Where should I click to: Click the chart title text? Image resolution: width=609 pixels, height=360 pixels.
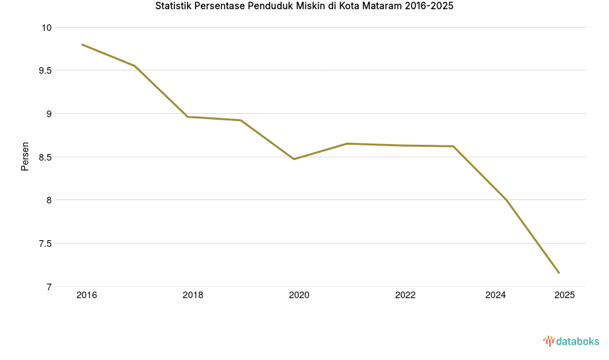304,7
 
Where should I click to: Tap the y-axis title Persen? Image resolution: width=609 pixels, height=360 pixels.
25,156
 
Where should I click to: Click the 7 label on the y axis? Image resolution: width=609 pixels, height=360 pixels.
48,287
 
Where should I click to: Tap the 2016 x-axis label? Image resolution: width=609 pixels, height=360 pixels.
86,296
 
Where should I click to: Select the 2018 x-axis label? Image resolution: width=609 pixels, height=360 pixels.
193,296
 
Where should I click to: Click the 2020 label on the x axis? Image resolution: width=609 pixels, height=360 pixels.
299,296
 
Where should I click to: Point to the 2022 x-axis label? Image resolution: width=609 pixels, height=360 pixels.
405,296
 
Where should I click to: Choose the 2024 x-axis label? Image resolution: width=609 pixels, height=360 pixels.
495,296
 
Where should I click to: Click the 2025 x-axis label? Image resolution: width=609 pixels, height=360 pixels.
564,296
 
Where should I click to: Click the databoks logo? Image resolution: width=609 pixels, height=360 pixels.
571,341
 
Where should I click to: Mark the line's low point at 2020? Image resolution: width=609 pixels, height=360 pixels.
294,159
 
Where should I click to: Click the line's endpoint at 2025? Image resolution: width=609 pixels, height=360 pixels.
559,273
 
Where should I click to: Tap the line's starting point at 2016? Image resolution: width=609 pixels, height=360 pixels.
82,44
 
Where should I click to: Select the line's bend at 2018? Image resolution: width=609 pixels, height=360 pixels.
188,117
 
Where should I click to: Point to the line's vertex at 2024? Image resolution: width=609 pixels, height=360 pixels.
506,200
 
